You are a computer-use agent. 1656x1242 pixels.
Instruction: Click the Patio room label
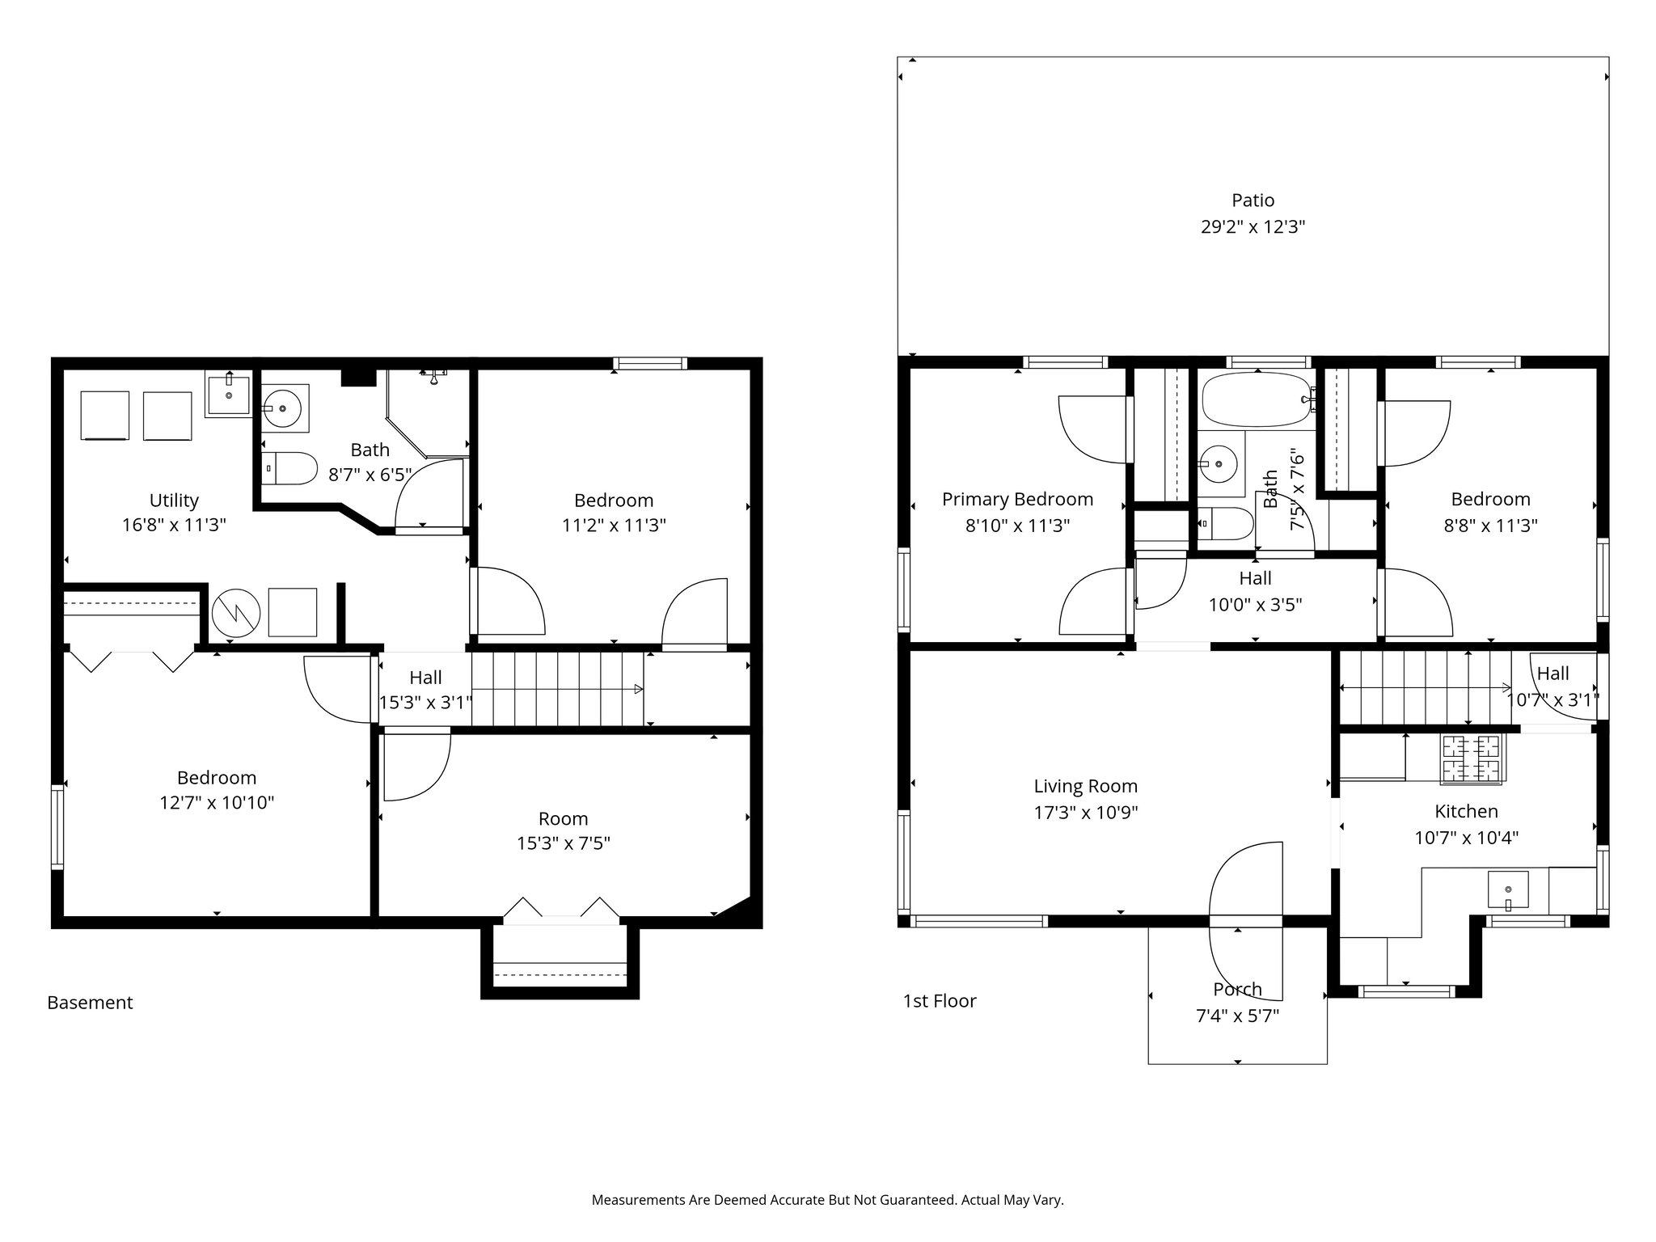(x=1253, y=201)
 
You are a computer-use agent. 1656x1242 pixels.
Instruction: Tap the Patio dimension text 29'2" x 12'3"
(x=1253, y=227)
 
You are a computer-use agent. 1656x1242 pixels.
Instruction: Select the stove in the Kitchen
(x=1470, y=758)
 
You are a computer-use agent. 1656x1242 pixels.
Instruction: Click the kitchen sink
(x=1508, y=889)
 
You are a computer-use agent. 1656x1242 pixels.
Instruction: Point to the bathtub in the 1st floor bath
(x=1257, y=399)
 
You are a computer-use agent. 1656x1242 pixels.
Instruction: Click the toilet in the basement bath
(x=289, y=467)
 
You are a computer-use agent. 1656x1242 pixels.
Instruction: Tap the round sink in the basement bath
(x=285, y=407)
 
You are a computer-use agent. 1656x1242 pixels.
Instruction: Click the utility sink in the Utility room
(x=229, y=395)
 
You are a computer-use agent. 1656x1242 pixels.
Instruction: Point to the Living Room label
(x=1085, y=786)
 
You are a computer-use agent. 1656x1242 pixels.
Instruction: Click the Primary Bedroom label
(x=1017, y=500)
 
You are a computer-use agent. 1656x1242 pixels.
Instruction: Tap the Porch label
(x=1237, y=990)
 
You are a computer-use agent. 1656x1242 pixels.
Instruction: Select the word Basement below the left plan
(x=90, y=1003)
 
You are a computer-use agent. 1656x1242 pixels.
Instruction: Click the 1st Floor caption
(x=940, y=1001)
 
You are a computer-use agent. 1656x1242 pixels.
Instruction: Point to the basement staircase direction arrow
(x=637, y=690)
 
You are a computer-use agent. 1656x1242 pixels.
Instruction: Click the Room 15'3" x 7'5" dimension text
(x=563, y=844)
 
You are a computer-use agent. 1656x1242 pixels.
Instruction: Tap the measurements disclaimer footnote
(x=827, y=1200)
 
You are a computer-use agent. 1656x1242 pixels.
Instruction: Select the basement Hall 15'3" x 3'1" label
(x=425, y=690)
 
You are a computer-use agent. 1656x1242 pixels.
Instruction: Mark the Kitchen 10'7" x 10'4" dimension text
(x=1466, y=838)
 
